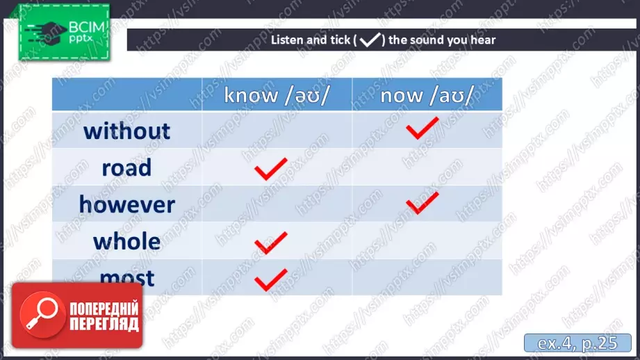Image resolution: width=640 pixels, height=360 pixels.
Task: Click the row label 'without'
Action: (126, 131)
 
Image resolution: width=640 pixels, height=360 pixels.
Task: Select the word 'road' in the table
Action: (126, 167)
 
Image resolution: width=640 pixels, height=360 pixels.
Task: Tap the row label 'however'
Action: (127, 204)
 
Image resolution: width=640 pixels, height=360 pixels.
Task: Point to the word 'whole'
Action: (126, 241)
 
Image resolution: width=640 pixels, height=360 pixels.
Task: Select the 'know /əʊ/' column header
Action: (277, 95)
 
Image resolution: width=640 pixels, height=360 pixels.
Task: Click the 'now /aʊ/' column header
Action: (427, 95)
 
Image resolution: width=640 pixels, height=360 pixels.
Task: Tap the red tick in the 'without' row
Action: (422, 128)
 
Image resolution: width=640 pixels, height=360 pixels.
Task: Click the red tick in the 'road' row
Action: (270, 169)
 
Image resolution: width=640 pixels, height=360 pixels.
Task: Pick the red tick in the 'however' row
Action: (422, 203)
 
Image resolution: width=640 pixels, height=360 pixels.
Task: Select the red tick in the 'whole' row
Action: (270, 243)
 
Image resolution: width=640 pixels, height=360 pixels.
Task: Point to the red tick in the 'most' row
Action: (270, 280)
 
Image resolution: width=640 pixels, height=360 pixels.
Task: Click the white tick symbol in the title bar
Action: (370, 40)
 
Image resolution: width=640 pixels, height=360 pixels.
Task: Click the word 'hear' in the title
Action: (483, 40)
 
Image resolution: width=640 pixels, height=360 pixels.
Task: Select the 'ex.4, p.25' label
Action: (577, 343)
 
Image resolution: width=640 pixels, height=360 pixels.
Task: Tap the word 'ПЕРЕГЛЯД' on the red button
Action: (104, 325)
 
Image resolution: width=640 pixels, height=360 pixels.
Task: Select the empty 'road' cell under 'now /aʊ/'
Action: (427, 167)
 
